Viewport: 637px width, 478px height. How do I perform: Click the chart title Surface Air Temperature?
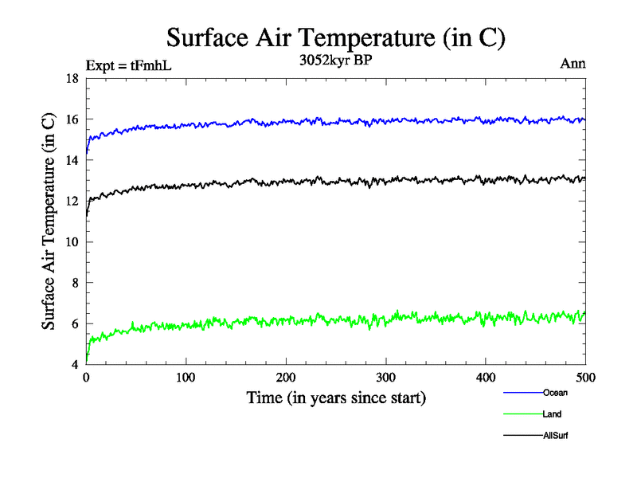335,37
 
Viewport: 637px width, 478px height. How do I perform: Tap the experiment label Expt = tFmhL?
128,65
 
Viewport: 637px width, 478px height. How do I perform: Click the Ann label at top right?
573,64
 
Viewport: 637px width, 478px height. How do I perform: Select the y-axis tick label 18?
71,79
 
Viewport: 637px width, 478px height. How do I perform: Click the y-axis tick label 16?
71,119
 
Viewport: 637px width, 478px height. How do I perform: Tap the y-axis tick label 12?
71,202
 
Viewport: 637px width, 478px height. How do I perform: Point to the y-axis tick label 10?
71,242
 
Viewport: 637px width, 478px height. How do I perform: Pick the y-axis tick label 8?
74,283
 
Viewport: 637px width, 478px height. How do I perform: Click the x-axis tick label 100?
186,377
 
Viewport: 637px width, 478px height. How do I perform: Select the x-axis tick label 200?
286,377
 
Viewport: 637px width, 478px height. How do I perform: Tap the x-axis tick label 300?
386,377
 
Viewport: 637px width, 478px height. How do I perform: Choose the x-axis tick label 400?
486,377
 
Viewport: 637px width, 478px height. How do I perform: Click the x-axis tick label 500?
585,377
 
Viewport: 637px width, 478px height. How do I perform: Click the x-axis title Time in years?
335,398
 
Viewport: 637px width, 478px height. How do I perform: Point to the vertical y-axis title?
49,221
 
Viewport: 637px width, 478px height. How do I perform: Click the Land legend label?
553,414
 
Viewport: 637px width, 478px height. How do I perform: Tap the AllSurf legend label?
556,436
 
